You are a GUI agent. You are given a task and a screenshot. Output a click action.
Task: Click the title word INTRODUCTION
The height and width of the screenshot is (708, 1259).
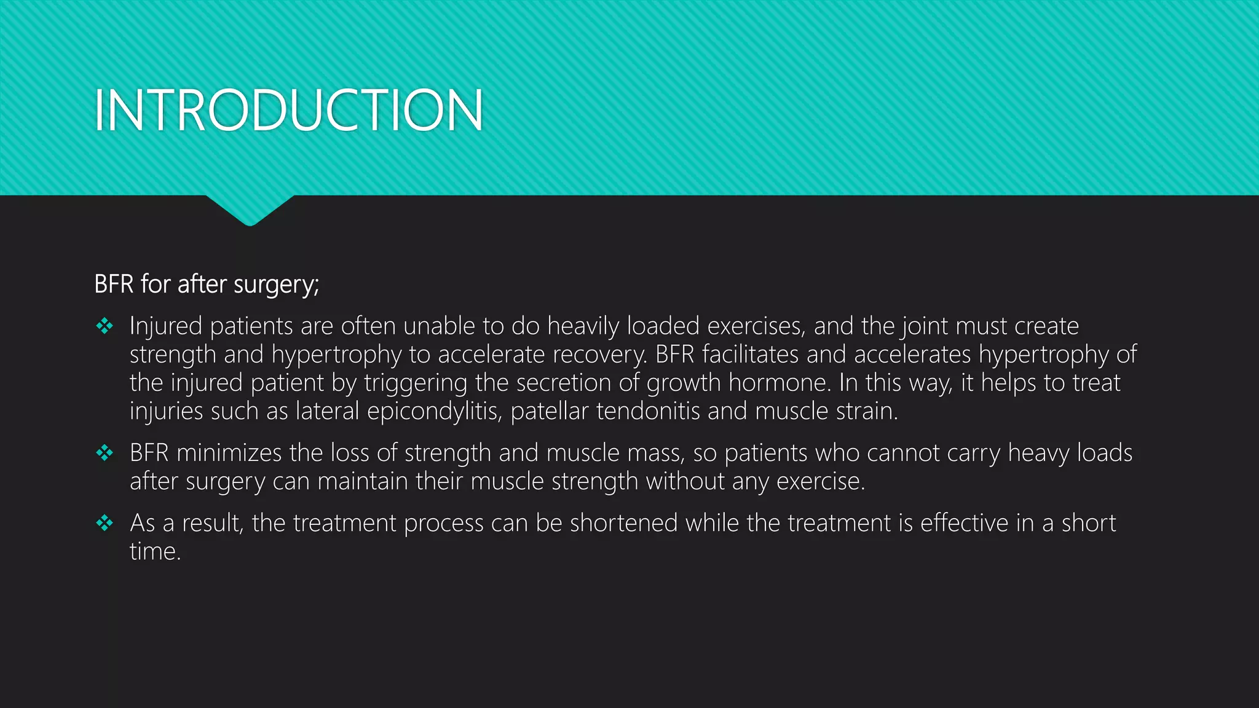pyautogui.click(x=288, y=111)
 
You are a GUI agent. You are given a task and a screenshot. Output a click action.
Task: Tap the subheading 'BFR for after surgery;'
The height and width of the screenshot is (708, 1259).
pyautogui.click(x=207, y=285)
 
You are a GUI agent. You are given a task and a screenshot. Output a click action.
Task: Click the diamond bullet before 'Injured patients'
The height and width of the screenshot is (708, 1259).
pyautogui.click(x=105, y=326)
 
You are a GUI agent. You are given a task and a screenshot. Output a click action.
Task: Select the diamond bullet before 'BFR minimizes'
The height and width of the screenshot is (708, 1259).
pyautogui.click(x=105, y=453)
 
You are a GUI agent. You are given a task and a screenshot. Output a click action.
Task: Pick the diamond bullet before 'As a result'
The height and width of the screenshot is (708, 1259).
pyautogui.click(x=105, y=523)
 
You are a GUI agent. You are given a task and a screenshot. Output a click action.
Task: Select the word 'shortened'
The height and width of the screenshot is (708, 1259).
pyautogui.click(x=623, y=523)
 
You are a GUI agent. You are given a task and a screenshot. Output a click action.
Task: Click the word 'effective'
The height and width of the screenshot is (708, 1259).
pyautogui.click(x=964, y=523)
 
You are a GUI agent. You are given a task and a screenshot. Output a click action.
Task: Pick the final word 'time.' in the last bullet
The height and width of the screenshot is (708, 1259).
pyautogui.click(x=155, y=551)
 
